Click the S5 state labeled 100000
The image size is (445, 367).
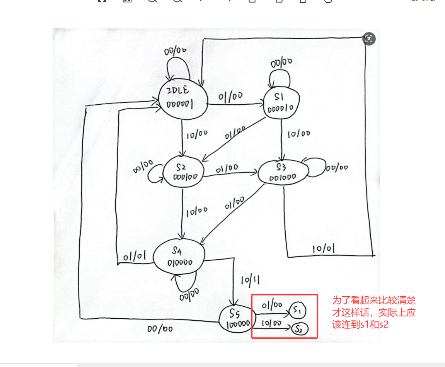pyautogui.click(x=237, y=319)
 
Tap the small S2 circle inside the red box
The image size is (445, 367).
pyautogui.click(x=299, y=329)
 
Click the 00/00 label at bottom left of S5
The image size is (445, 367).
pyautogui.click(x=160, y=329)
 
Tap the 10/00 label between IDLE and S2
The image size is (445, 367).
pyautogui.click(x=197, y=135)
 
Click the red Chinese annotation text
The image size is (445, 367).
pyautogui.click(x=373, y=312)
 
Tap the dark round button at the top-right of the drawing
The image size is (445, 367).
pyautogui.click(x=369, y=39)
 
